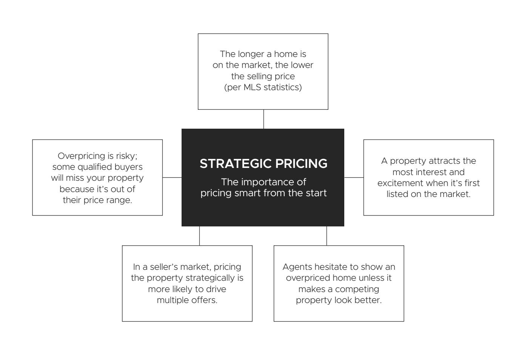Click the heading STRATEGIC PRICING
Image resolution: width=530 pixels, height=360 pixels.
[263, 164]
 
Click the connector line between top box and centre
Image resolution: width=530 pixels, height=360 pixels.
[263, 119]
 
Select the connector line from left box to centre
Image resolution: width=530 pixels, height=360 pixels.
[172, 177]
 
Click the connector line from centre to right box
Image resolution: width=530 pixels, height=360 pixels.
[354, 177]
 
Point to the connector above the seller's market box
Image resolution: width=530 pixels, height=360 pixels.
[199, 236]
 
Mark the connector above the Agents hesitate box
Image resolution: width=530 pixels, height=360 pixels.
[327, 236]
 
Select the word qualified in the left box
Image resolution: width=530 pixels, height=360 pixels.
[96, 167]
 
